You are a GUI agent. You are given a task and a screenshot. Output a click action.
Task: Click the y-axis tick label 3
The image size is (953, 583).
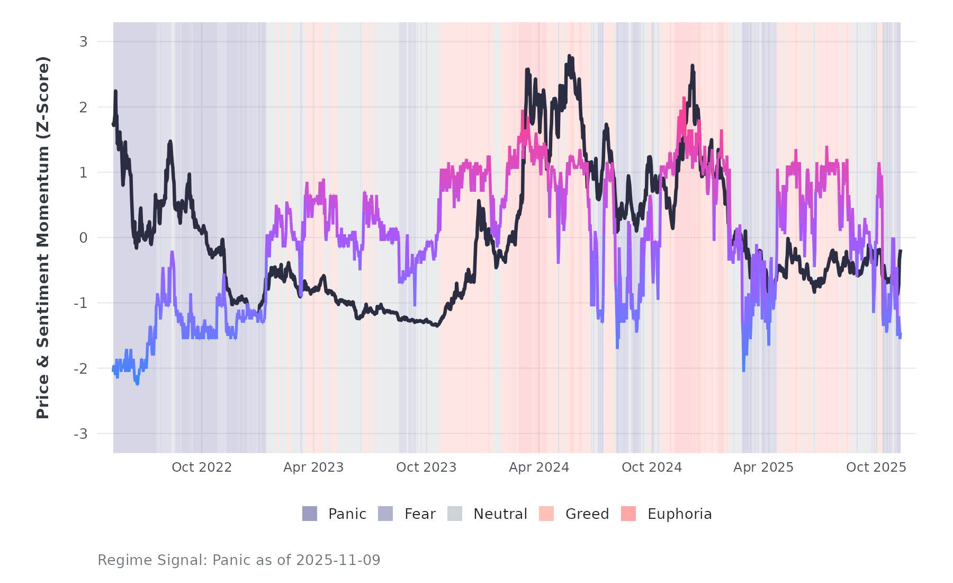[x=83, y=41]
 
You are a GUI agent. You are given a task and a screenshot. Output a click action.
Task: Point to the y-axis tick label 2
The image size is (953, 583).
[x=83, y=107]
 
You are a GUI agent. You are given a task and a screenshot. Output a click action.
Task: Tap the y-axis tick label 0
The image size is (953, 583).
[x=83, y=238]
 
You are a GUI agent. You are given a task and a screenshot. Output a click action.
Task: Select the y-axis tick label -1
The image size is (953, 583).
[x=80, y=303]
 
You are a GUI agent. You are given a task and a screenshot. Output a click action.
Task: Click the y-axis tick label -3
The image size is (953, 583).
[x=80, y=434]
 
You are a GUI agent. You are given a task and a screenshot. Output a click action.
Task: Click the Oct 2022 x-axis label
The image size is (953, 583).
[x=202, y=467]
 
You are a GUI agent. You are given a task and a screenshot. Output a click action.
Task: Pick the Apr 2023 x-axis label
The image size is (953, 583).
[x=313, y=467]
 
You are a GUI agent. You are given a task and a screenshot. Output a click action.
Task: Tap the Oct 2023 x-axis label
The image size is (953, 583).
[x=426, y=467]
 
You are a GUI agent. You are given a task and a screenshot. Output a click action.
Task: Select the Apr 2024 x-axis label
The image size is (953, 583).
[x=539, y=467]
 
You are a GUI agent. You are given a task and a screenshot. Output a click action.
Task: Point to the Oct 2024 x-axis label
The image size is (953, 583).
[x=652, y=467]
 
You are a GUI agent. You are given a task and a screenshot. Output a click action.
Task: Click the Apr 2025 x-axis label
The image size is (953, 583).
[x=763, y=467]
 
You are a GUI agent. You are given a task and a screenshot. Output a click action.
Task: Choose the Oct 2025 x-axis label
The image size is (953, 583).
[x=876, y=467]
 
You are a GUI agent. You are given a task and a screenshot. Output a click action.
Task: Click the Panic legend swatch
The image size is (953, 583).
[x=310, y=514]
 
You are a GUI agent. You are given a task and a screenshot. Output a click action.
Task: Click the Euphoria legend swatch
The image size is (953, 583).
[x=628, y=514]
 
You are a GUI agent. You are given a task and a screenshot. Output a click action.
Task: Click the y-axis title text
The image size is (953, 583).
[x=43, y=237]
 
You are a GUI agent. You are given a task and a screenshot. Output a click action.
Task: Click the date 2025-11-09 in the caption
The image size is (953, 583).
[x=338, y=560]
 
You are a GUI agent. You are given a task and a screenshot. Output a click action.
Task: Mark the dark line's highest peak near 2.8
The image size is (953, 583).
[x=569, y=56]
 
